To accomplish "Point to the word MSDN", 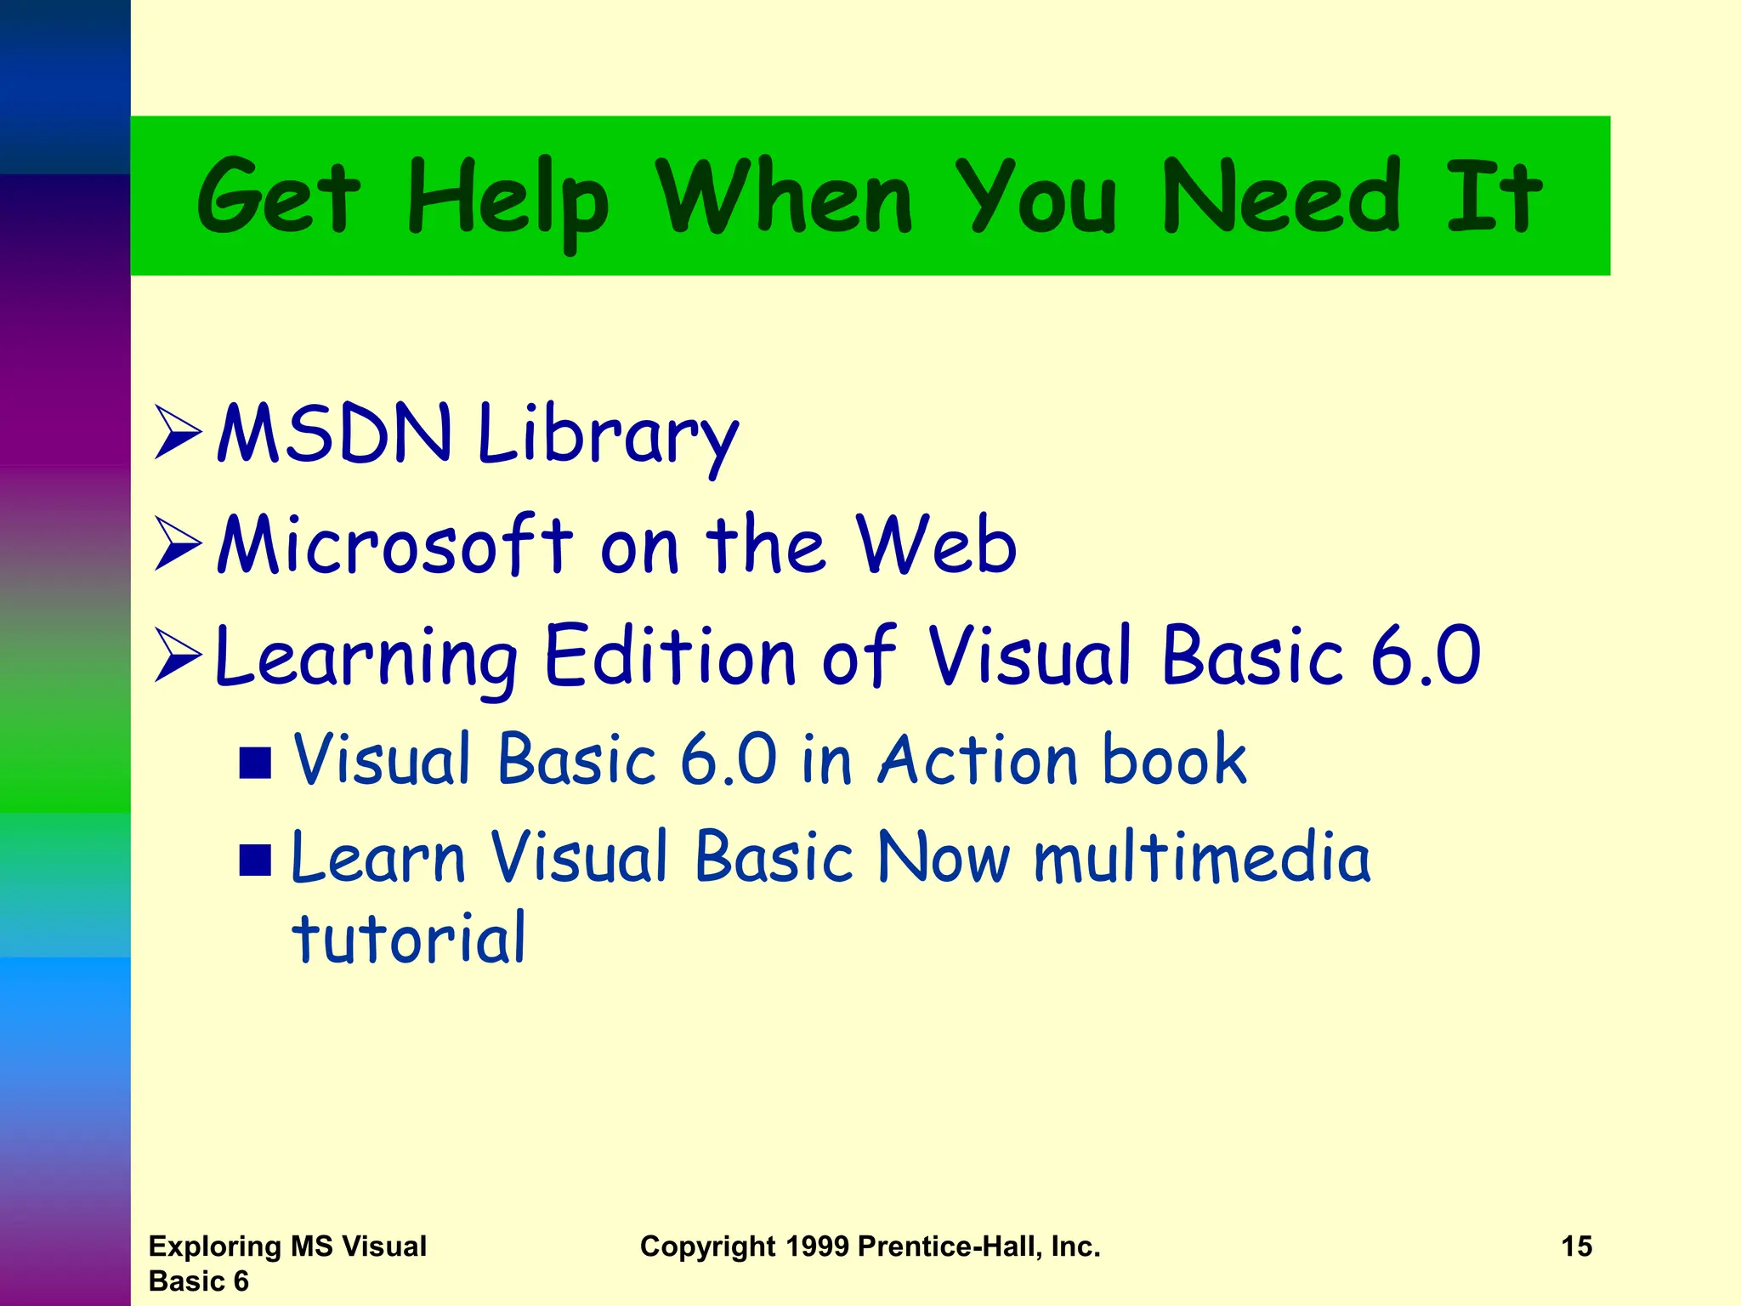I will coord(334,433).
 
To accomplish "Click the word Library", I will coord(608,435).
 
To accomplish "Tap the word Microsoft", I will coord(395,545).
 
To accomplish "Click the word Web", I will coord(936,545).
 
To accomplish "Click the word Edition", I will coord(670,655).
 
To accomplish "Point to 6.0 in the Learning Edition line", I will coord(1426,655).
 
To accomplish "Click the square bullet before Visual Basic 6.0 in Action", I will coord(255,763).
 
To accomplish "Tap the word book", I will coord(1174,758).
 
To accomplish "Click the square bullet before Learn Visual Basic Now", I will coord(255,860).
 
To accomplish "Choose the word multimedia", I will coord(1202,857).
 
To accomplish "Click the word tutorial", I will coord(409,938).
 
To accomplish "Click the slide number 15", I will coord(1576,1246).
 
